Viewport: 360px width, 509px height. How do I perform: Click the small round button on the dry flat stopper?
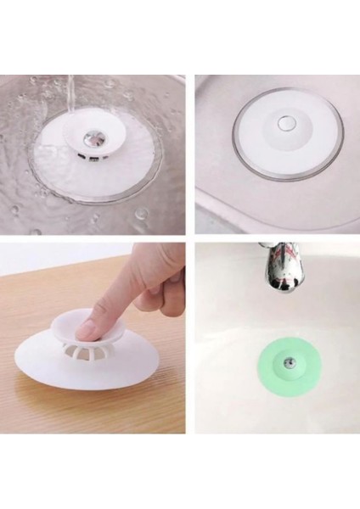(x=286, y=125)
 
